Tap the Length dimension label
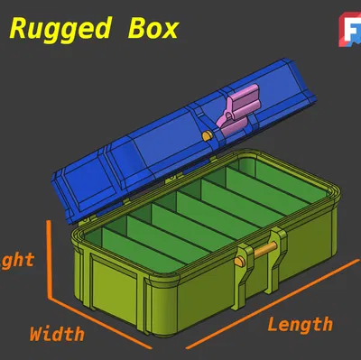tap(300, 324)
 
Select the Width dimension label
tap(57, 333)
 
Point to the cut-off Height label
tap(18, 260)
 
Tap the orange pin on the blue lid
tap(209, 134)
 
